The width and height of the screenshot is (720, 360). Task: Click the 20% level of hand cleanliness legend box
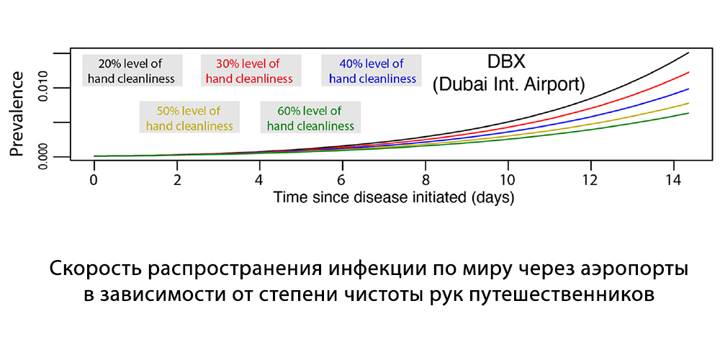[132, 71]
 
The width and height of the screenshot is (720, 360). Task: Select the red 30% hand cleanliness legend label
[251, 71]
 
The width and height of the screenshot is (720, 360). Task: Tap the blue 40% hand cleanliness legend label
[372, 71]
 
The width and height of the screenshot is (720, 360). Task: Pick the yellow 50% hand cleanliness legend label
[189, 117]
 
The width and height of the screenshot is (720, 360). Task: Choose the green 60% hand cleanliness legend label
[310, 117]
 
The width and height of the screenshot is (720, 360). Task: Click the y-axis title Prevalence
[17, 114]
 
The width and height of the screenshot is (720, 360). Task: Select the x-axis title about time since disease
[394, 198]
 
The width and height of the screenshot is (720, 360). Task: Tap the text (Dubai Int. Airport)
[508, 85]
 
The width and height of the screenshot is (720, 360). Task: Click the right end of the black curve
[689, 53]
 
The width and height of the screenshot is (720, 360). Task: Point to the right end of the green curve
[689, 113]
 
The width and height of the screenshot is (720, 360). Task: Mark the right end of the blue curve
[689, 89]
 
